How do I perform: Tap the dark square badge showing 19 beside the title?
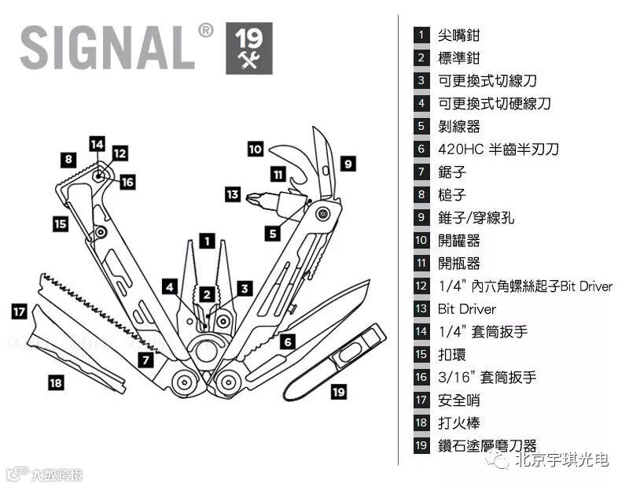click(x=249, y=48)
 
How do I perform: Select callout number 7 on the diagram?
click(x=145, y=361)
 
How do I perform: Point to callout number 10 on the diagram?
click(x=255, y=148)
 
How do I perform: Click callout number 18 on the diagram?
click(x=55, y=383)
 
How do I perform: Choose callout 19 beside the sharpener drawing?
click(x=338, y=391)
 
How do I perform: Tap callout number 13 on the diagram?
click(x=232, y=194)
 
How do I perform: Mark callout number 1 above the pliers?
click(x=206, y=242)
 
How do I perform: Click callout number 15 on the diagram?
click(x=61, y=223)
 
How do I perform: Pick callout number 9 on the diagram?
click(x=348, y=164)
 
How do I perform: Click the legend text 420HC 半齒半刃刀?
click(x=498, y=149)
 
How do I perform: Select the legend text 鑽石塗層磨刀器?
click(x=487, y=446)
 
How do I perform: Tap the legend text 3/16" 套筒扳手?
click(x=487, y=378)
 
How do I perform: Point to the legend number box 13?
click(x=422, y=309)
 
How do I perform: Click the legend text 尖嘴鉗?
click(x=458, y=35)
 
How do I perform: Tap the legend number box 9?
click(x=422, y=218)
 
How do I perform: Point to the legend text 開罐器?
click(x=458, y=241)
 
